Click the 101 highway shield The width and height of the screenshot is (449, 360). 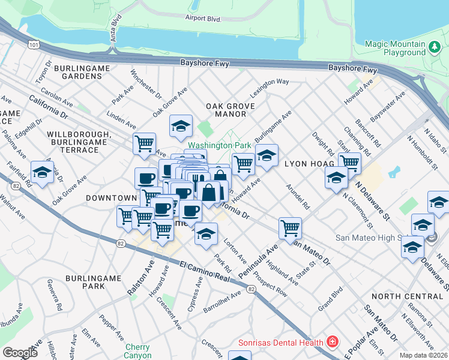point(34,44)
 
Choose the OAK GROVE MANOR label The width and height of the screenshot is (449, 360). point(226,110)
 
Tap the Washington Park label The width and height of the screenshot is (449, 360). point(219,145)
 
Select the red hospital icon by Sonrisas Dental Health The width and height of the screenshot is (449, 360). point(331,343)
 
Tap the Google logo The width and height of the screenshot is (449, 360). point(20,353)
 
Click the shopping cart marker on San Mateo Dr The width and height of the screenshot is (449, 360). point(290,228)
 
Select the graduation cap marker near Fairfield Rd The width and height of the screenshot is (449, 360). point(42,172)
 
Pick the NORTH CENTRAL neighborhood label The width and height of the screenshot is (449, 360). point(406,296)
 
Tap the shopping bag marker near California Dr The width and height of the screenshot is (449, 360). point(209,193)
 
